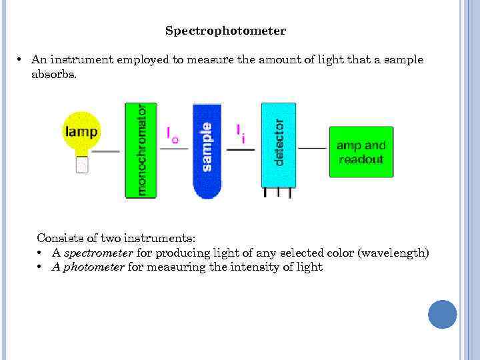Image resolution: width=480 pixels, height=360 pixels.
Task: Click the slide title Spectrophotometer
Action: click(225, 31)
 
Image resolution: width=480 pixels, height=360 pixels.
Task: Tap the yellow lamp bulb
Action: click(81, 131)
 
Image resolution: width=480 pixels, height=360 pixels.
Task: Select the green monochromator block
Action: click(141, 150)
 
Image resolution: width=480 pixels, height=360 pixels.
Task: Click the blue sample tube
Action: click(207, 150)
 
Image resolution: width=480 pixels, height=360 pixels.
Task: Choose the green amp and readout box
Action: click(361, 152)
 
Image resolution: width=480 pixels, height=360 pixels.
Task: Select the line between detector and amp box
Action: click(312, 148)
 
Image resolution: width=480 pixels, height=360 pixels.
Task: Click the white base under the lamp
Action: click(82, 164)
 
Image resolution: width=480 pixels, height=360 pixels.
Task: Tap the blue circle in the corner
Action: click(442, 314)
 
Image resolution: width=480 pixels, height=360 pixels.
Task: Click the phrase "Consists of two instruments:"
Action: click(116, 238)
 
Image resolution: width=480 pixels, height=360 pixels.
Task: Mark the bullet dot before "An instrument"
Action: click(21, 60)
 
